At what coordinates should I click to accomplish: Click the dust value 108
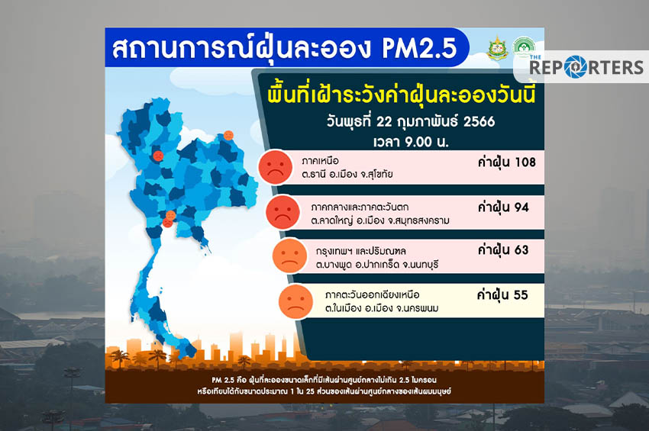(x=525, y=162)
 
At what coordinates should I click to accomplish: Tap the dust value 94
(x=521, y=207)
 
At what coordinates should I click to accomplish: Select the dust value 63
(x=521, y=250)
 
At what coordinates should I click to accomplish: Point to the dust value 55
(x=521, y=295)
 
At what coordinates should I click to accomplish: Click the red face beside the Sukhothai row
(x=275, y=167)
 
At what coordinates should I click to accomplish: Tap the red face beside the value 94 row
(x=283, y=212)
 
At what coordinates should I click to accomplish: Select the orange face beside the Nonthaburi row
(x=289, y=256)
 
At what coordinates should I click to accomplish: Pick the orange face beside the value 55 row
(x=296, y=301)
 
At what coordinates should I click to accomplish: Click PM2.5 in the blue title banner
(x=419, y=48)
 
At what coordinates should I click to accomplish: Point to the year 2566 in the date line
(x=479, y=121)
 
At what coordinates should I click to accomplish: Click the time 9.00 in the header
(x=418, y=142)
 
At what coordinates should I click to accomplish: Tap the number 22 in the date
(x=384, y=121)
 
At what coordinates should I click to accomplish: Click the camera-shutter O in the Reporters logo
(x=576, y=67)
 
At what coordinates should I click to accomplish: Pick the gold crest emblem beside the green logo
(x=498, y=48)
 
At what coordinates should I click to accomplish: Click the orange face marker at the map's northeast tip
(x=228, y=135)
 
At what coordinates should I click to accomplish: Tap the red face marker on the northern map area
(x=158, y=156)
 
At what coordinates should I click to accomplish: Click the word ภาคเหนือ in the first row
(x=321, y=161)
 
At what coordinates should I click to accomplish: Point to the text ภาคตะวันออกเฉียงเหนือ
(x=372, y=295)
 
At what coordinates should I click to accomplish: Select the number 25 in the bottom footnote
(x=311, y=391)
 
